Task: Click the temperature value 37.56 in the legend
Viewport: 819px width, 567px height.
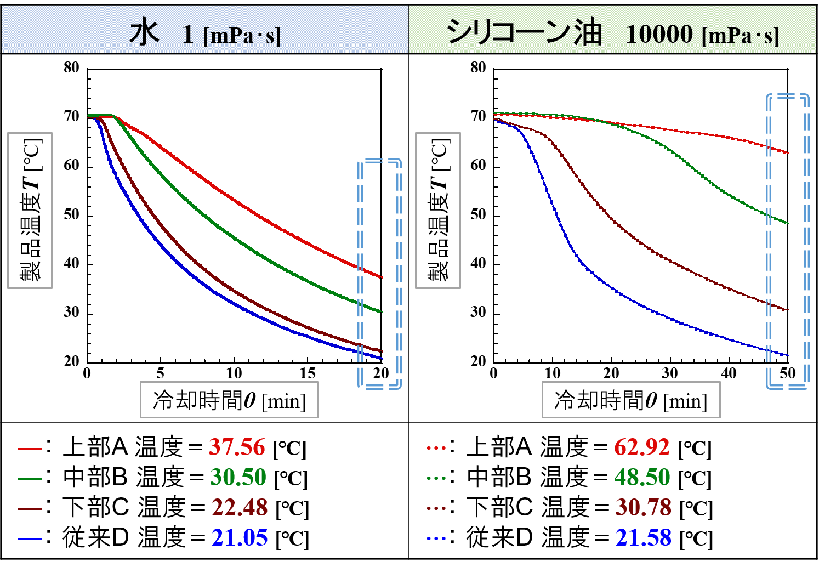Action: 236,447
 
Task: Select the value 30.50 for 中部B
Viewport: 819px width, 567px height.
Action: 238,478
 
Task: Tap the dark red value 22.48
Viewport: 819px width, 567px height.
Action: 240,508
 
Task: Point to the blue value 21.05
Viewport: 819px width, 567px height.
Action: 240,538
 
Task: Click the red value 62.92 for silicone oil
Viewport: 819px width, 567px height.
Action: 641,447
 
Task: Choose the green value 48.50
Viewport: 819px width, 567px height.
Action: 642,478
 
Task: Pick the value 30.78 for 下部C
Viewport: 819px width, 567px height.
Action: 643,508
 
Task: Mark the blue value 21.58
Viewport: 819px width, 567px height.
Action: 643,538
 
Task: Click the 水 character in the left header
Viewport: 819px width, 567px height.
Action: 144,33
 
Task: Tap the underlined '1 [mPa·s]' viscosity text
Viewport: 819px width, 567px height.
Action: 231,35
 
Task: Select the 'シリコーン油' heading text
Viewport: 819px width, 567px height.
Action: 524,32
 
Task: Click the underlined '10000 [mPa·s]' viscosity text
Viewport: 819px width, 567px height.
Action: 702,35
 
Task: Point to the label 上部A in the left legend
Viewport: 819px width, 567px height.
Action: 95,447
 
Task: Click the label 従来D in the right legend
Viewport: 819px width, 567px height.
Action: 499,538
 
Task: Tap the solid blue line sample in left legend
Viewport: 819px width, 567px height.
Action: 30,539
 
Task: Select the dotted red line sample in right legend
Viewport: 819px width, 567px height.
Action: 436,448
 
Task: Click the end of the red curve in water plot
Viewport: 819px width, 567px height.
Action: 382,277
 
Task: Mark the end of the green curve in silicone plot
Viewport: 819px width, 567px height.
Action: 787,223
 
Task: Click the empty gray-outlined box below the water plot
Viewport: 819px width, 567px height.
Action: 229,400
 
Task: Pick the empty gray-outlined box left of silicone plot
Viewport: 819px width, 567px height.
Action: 437,211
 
